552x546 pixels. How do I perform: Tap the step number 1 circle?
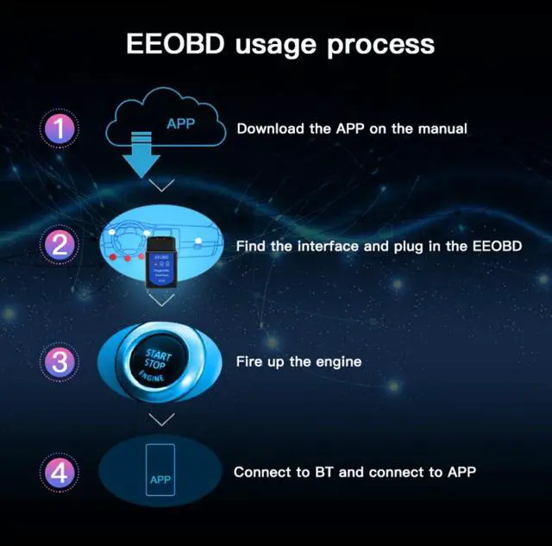tap(60, 129)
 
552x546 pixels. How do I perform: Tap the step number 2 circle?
tap(60, 245)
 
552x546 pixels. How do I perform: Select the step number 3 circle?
tap(60, 361)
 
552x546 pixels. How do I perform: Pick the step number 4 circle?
tap(60, 473)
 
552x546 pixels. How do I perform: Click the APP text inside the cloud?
tap(180, 123)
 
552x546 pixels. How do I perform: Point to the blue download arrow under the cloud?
tap(141, 156)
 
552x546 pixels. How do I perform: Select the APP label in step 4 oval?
tap(160, 480)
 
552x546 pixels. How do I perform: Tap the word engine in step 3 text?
tap(338, 361)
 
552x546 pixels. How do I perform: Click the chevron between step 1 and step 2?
tap(161, 185)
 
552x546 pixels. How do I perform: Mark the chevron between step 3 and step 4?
tap(161, 419)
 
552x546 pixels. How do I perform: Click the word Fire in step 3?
tap(250, 361)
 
